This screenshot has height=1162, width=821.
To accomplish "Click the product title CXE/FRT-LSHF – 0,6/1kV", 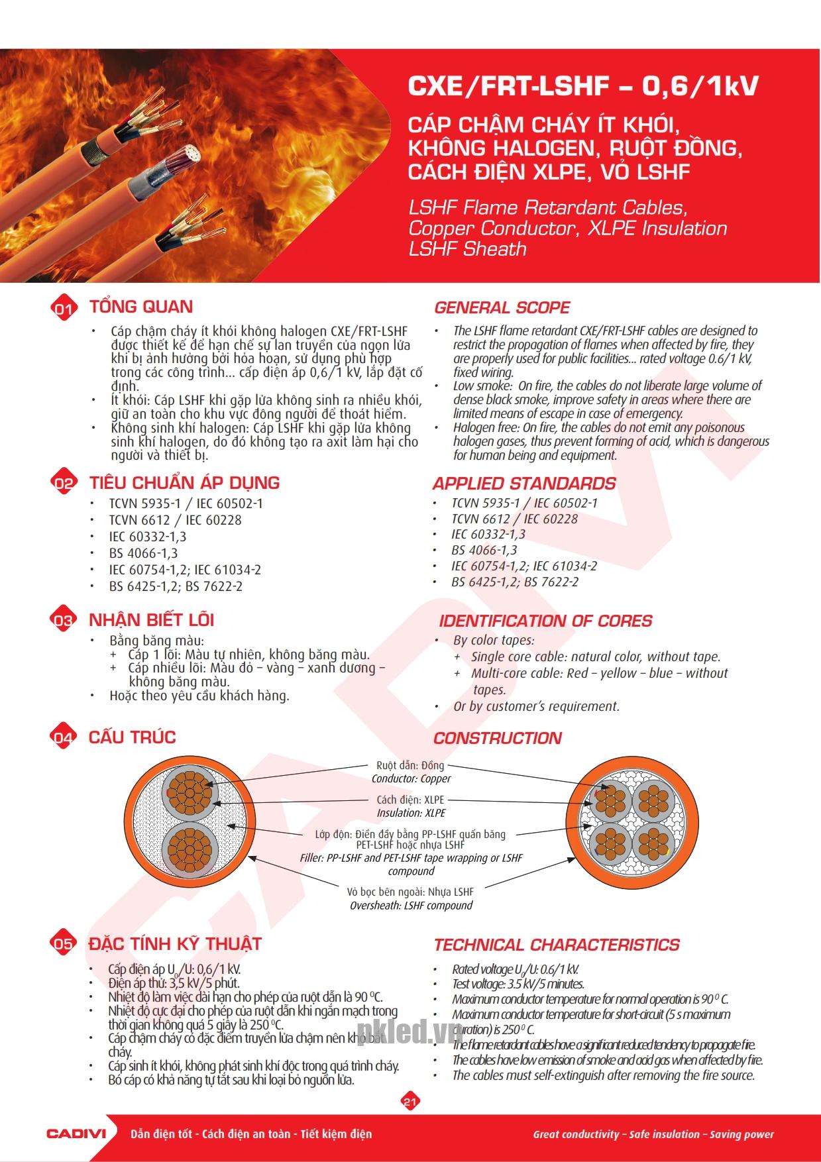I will click(583, 86).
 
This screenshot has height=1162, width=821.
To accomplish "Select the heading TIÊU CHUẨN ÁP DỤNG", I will click(184, 483).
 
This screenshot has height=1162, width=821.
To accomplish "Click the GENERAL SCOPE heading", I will click(502, 307).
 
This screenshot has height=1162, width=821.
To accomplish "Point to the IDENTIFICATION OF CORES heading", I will click(545, 621).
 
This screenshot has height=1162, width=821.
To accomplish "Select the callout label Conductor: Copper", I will click(411, 779).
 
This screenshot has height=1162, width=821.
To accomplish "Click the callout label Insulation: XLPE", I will click(411, 813).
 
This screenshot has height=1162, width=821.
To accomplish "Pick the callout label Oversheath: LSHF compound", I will click(411, 906).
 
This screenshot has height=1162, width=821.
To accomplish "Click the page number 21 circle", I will click(410, 1102).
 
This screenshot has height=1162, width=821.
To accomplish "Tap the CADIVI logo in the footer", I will click(76, 1134).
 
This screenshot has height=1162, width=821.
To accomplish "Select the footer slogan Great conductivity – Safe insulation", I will click(653, 1134).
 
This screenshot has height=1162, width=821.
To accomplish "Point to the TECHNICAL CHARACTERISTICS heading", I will click(557, 945).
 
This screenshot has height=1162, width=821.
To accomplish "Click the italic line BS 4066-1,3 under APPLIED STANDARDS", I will click(484, 550).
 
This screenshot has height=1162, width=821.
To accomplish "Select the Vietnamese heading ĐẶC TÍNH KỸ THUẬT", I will click(175, 944).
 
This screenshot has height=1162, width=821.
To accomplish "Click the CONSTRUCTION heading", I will click(497, 739).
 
